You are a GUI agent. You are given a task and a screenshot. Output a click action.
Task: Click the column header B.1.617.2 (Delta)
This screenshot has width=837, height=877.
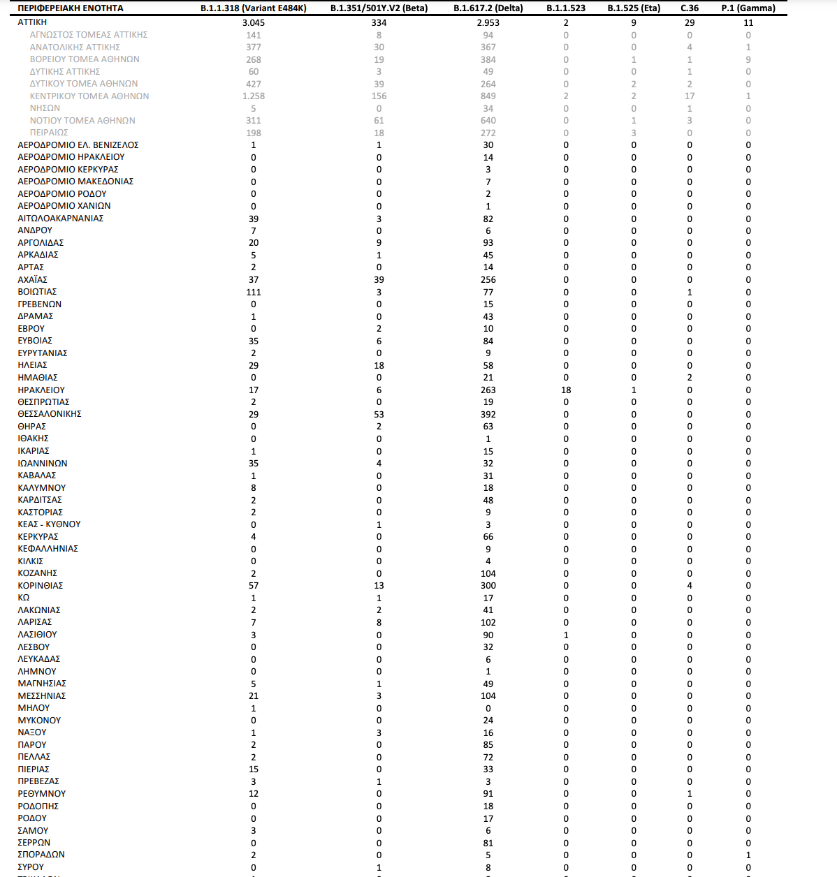488,8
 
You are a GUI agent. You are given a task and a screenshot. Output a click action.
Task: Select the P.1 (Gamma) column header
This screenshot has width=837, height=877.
748,8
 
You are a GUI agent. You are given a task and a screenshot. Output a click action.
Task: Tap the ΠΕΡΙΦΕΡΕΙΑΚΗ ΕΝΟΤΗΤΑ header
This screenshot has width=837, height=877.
71,8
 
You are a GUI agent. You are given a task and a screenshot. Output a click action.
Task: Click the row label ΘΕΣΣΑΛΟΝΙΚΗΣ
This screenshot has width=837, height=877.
50,414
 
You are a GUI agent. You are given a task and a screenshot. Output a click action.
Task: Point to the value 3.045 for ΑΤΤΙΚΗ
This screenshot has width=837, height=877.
254,23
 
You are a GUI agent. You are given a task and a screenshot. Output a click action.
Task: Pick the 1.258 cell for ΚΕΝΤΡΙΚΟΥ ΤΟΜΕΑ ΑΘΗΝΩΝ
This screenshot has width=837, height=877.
254,96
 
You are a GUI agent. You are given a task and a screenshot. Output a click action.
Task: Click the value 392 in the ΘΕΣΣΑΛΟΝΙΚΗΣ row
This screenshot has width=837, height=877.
488,415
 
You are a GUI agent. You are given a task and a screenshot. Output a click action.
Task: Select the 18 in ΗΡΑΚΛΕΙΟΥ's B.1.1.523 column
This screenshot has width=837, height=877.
566,390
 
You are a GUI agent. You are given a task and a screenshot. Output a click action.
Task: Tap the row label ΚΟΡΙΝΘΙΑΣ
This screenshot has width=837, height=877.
41,585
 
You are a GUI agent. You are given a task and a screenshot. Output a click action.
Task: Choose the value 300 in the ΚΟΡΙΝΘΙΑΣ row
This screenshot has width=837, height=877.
488,586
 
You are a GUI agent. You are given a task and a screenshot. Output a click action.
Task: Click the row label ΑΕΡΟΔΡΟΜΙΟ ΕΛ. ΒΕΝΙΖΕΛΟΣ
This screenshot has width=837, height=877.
78,145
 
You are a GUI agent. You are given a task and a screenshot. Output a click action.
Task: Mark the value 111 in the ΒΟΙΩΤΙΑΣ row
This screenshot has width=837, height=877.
254,292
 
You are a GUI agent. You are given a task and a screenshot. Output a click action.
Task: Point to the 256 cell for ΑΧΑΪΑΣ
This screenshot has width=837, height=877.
488,280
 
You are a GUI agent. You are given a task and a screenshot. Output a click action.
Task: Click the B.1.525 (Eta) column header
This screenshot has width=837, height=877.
634,8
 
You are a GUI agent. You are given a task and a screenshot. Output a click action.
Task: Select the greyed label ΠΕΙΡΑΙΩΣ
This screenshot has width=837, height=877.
49,133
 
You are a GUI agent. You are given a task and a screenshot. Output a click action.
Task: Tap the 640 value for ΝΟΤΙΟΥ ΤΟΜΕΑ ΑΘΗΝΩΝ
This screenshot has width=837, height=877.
488,121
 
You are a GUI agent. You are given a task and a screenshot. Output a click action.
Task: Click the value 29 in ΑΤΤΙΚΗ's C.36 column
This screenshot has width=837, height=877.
690,23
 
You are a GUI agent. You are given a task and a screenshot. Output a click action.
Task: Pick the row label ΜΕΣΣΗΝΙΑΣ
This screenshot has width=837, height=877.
42,695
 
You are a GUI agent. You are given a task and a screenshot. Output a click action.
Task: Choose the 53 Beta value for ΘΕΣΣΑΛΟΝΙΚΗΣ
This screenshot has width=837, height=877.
379,415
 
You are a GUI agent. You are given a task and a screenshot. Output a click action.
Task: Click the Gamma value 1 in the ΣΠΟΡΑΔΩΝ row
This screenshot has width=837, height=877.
748,855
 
